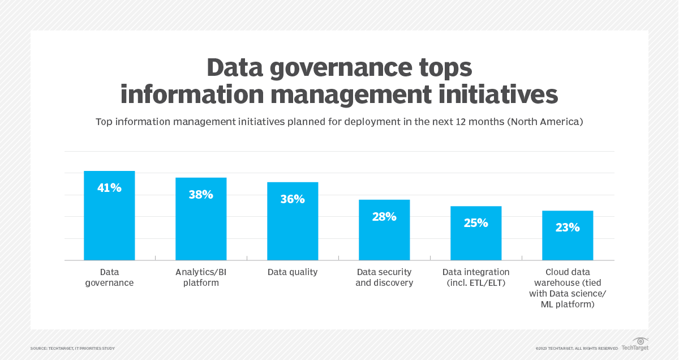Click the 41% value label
click(x=109, y=188)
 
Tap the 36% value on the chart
click(x=293, y=199)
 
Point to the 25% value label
click(x=476, y=223)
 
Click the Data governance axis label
click(x=109, y=277)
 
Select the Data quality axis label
click(x=293, y=272)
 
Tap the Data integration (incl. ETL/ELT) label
click(x=476, y=277)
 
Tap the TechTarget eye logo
click(x=641, y=341)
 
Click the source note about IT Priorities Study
click(x=72, y=348)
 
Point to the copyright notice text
click(x=577, y=348)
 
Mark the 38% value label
click(x=201, y=195)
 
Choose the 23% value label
click(x=568, y=228)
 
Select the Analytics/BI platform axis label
click(x=201, y=277)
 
